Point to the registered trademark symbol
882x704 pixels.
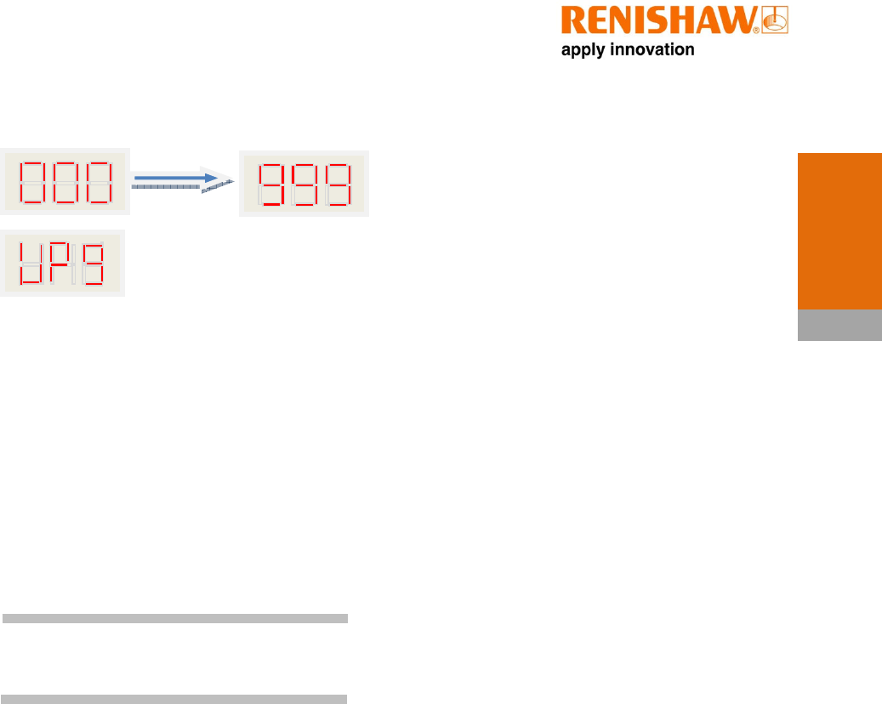[756, 31]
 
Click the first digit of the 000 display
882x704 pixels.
[33, 181]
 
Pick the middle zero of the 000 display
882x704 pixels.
[66, 181]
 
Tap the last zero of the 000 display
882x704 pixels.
[99, 181]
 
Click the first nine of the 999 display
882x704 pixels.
[272, 185]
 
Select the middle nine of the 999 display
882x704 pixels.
[304, 185]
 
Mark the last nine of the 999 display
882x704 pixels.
[338, 185]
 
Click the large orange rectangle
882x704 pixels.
[839, 231]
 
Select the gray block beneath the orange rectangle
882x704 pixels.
[839, 326]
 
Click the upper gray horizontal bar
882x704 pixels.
[175, 618]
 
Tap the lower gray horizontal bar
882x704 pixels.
[175, 699]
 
